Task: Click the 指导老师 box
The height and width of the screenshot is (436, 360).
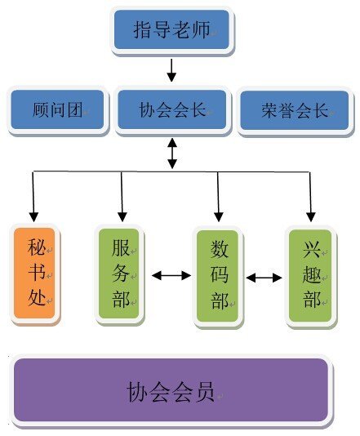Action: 171,29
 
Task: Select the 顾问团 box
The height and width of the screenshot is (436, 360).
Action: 57,109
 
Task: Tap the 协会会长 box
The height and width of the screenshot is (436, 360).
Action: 172,109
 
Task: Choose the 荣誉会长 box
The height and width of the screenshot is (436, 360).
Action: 295,110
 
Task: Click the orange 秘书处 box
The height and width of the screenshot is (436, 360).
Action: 34,273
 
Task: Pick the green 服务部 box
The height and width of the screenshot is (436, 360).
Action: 119,274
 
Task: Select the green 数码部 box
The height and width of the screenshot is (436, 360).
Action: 218,276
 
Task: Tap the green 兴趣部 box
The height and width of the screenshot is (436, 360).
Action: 310,275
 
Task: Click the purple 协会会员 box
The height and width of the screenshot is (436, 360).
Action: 171,389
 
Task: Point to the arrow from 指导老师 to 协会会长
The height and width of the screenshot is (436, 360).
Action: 171,70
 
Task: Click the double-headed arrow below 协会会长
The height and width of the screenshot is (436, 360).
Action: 172,153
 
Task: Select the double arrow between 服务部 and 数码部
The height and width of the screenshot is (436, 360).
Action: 171,275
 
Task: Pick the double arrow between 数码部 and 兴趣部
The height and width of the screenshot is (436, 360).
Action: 264,278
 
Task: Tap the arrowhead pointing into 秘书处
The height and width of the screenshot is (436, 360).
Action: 33,217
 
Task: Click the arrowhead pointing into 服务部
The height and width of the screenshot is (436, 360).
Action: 122,217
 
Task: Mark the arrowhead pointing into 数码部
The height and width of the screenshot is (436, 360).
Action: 219,217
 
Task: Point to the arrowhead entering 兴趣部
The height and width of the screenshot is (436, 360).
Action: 311,217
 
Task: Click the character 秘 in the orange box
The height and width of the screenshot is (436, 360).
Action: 37,247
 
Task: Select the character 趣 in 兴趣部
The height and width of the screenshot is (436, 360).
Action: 312,274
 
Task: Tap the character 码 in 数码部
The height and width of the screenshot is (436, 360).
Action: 220,274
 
